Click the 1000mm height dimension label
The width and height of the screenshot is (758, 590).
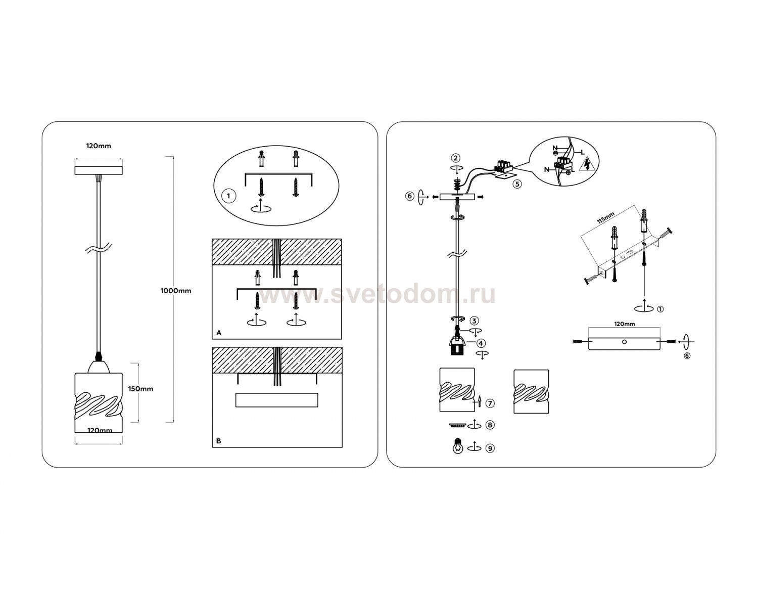[x=176, y=291]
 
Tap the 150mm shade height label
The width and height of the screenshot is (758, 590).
[x=140, y=389]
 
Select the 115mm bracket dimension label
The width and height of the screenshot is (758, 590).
[x=606, y=218]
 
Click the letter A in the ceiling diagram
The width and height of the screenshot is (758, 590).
[x=219, y=333]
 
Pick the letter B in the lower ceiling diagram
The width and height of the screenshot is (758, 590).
[x=219, y=441]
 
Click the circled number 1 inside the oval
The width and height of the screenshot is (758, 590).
[x=228, y=196]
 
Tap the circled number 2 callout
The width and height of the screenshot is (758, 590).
[x=456, y=158]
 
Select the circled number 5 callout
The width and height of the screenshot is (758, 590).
[x=517, y=184]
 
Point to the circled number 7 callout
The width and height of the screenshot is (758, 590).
[x=490, y=403]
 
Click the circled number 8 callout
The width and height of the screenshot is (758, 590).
[x=490, y=425]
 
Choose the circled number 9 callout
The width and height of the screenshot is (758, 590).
[x=490, y=448]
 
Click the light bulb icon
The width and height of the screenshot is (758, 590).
[x=458, y=446]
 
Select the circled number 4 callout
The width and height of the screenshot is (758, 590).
[x=481, y=343]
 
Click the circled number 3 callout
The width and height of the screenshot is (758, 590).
[x=475, y=321]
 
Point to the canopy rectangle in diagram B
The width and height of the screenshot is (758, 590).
[x=276, y=400]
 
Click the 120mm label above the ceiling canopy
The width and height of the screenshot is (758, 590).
[x=99, y=146]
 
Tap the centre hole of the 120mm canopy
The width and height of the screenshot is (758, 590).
[x=624, y=342]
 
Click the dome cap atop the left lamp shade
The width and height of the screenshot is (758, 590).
[x=99, y=367]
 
